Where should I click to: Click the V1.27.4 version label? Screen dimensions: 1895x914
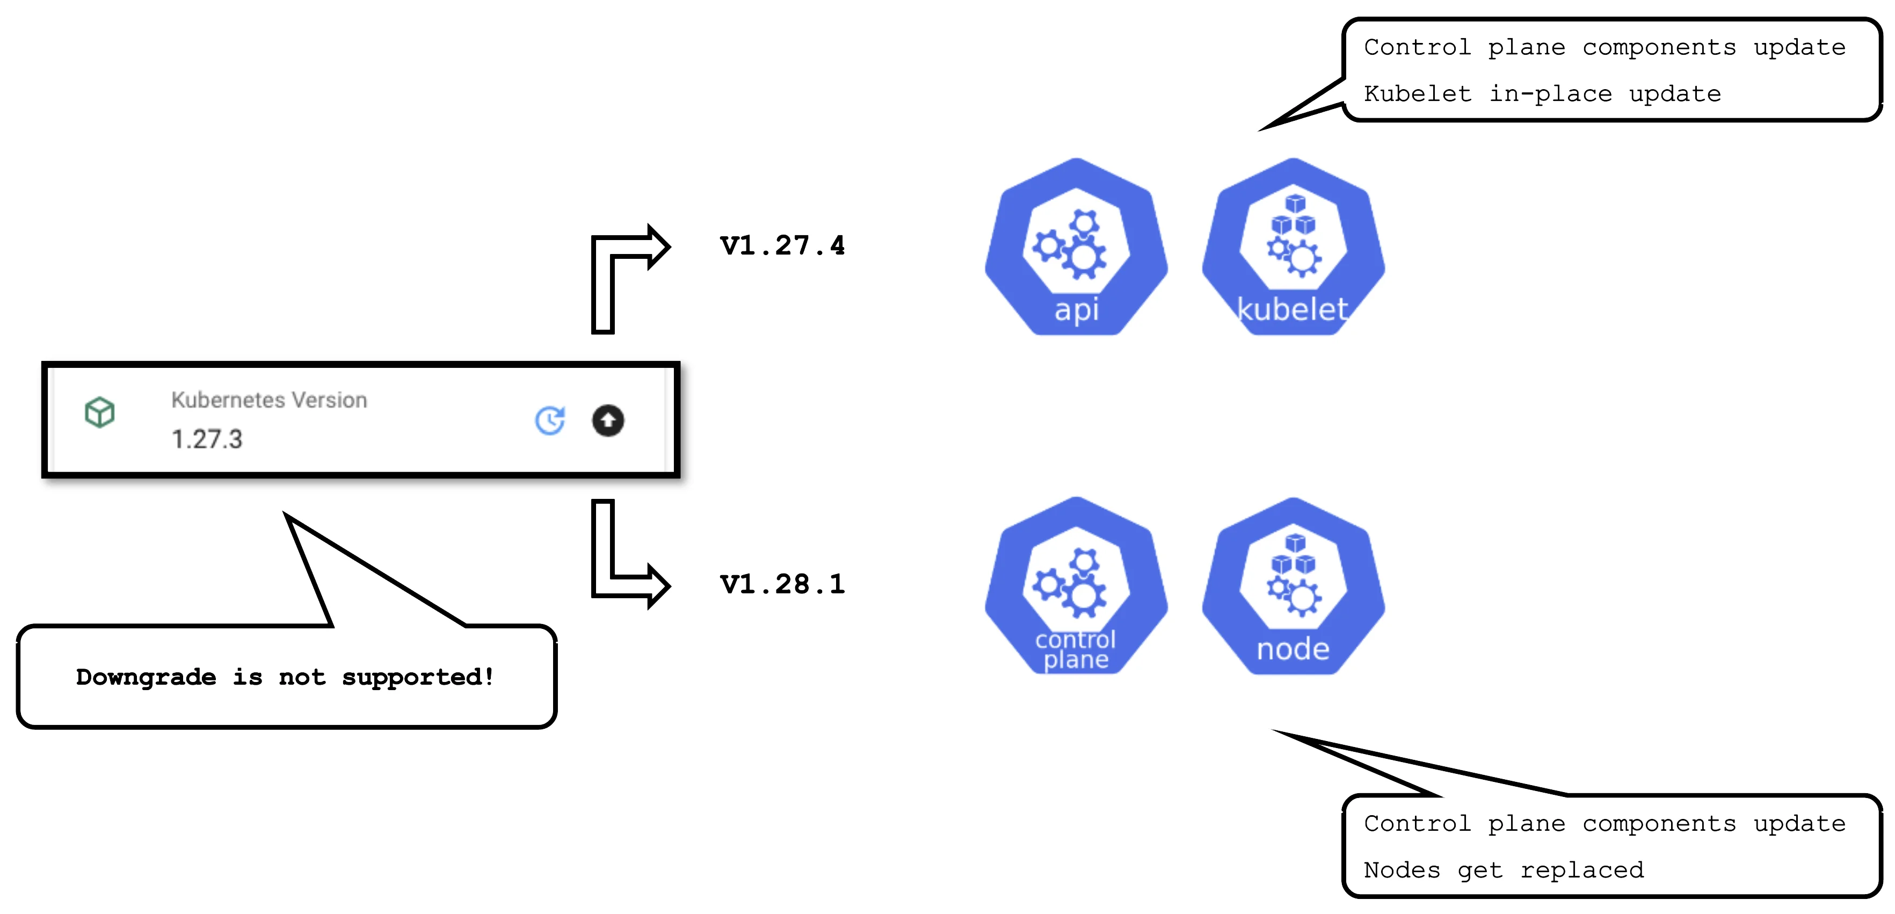pyautogui.click(x=782, y=245)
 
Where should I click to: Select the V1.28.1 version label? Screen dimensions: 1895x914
pyautogui.click(x=782, y=584)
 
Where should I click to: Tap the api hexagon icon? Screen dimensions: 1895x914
pyautogui.click(x=1076, y=246)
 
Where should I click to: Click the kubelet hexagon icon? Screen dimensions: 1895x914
pyautogui.click(x=1293, y=246)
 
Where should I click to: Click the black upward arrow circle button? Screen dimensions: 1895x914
pyautogui.click(x=608, y=420)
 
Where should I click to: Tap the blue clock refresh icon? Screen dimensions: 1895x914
pyautogui.click(x=549, y=420)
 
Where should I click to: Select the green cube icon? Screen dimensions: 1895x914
pyautogui.click(x=99, y=412)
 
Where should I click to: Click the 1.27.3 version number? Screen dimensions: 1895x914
pyautogui.click(x=207, y=439)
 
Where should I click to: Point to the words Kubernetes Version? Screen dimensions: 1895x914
pyautogui.click(x=269, y=400)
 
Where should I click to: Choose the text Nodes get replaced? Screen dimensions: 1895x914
pyautogui.click(x=1504, y=870)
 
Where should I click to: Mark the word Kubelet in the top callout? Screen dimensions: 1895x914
pyautogui.click(x=1418, y=93)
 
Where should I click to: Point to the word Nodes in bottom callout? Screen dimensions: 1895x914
pyautogui.click(x=1402, y=870)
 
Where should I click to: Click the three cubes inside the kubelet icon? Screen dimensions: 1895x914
pyautogui.click(x=1294, y=215)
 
